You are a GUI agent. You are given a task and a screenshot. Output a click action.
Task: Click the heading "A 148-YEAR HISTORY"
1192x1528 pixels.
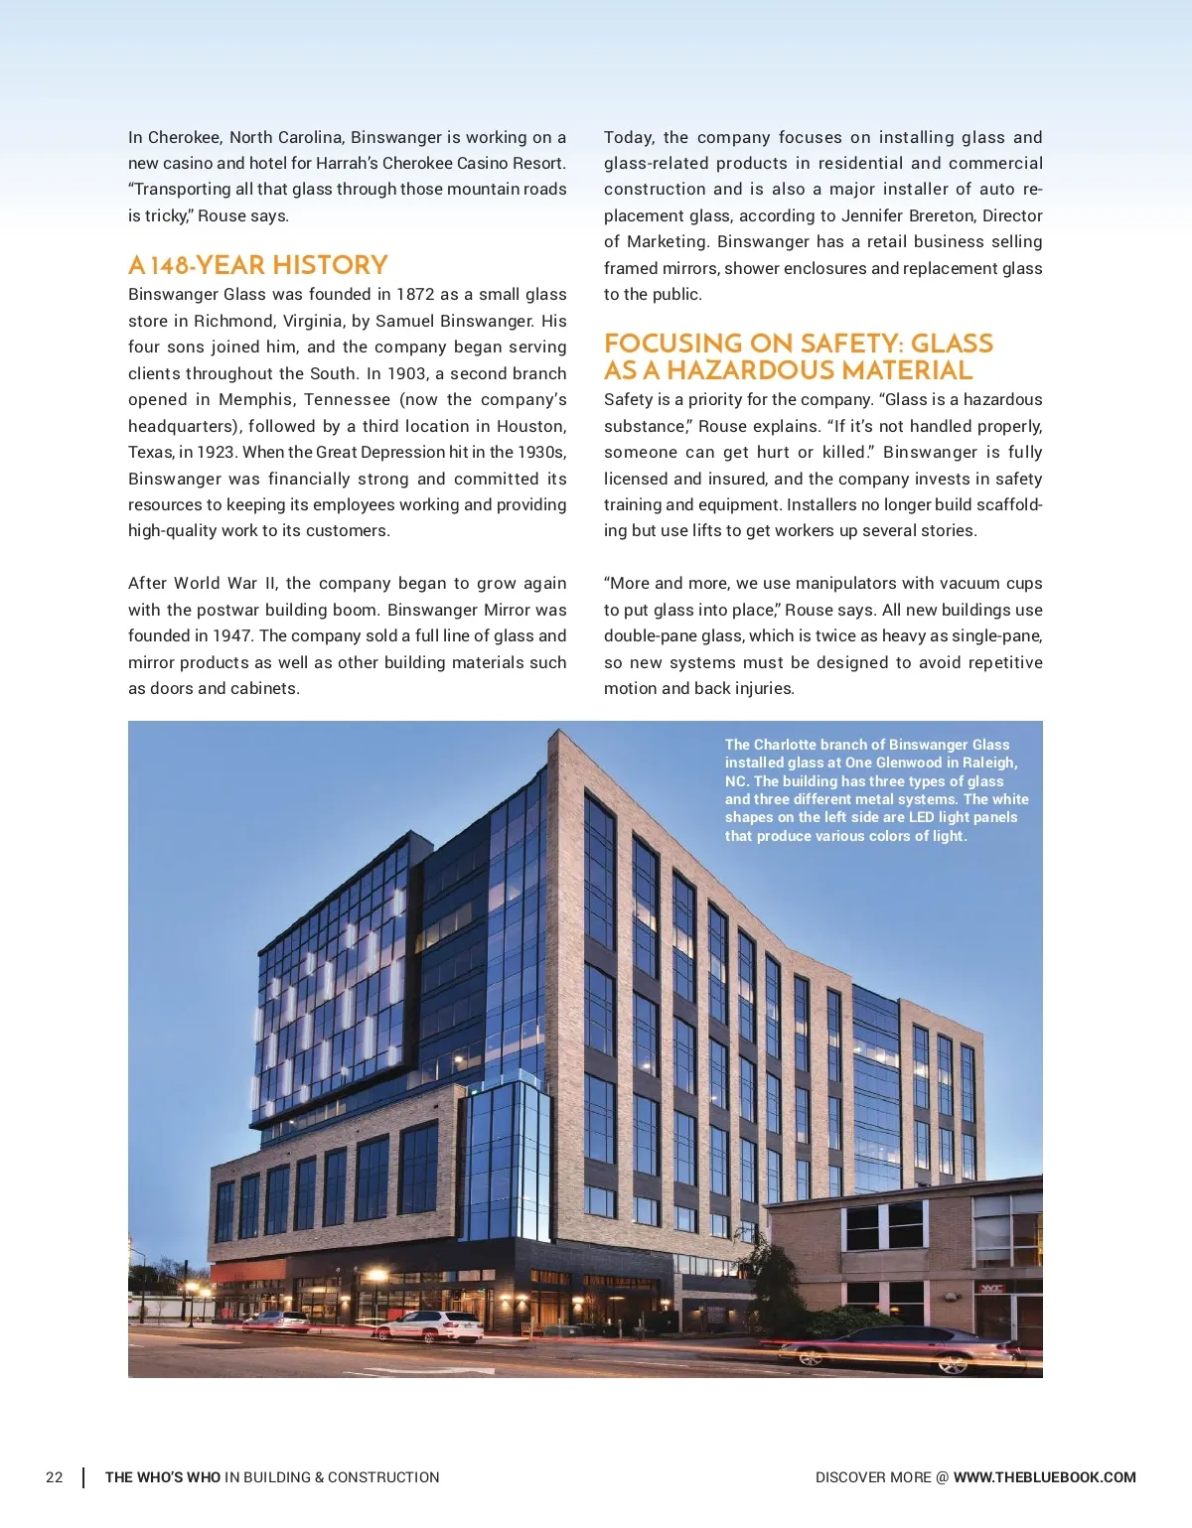pos(257,265)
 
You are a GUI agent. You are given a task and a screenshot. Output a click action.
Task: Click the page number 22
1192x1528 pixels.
pos(55,1477)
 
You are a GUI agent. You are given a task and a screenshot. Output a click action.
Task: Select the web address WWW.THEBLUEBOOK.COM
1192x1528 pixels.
pos(1044,1477)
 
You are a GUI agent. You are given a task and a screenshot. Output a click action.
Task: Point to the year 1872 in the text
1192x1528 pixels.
pos(414,294)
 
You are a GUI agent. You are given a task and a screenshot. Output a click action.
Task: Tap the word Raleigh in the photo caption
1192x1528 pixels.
pos(987,763)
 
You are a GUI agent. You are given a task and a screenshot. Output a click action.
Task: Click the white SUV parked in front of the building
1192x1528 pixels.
pos(431,1325)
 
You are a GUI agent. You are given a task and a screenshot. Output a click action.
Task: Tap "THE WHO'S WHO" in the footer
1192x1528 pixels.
pos(163,1477)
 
